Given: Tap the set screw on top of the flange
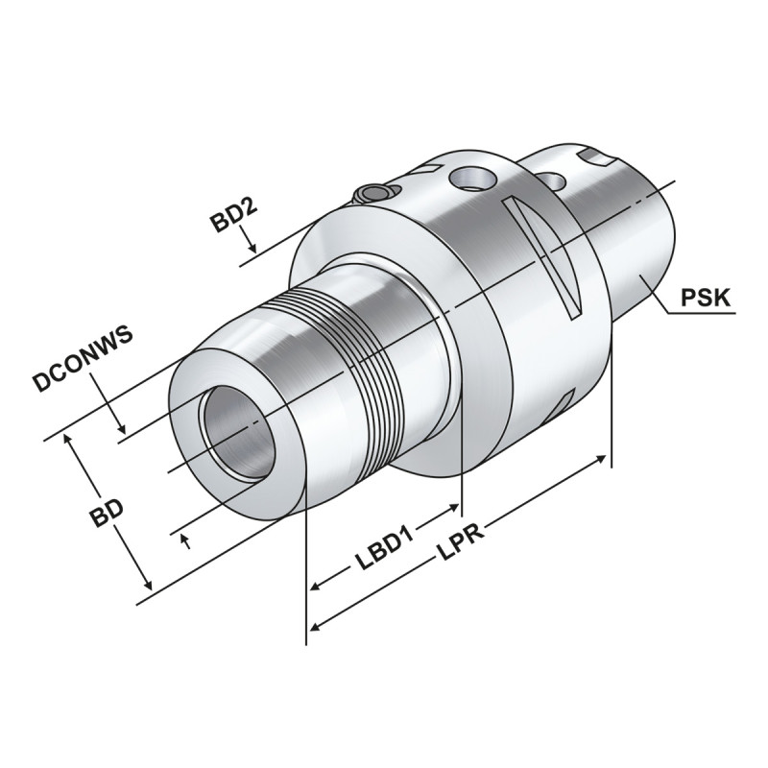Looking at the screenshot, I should coord(373,194).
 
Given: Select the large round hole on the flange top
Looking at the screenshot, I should coord(473,177).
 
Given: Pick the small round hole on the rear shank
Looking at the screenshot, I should coord(550,180).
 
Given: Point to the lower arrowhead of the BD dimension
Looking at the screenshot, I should coord(146,583).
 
